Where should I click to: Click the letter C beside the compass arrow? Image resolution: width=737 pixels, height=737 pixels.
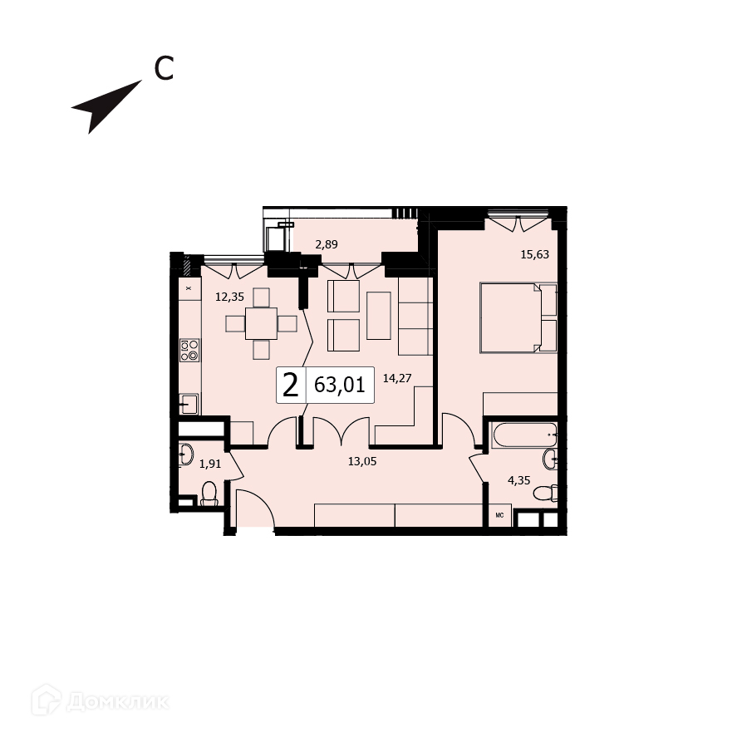(164, 69)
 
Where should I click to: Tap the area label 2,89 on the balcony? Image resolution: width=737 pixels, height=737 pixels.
(326, 244)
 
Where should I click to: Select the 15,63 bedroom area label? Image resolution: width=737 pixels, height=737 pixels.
(533, 254)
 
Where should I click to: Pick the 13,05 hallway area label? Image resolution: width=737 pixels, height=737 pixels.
(362, 462)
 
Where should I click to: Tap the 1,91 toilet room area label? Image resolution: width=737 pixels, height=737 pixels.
(209, 464)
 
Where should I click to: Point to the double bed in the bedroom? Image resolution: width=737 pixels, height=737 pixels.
(517, 317)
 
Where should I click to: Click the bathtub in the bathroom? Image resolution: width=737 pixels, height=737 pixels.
(523, 435)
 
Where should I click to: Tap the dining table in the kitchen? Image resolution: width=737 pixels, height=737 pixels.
(261, 322)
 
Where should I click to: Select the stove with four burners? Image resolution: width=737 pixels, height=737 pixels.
(189, 350)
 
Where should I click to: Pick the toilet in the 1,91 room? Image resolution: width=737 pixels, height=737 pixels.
(209, 494)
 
